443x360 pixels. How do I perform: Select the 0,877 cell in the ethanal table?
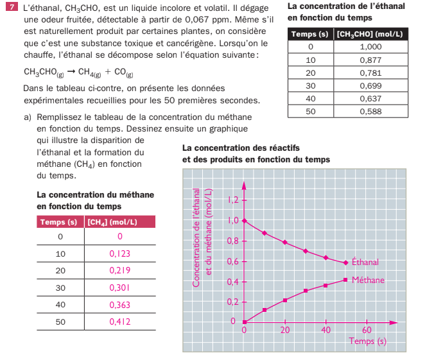point(371,60)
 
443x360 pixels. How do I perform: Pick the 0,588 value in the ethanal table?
point(371,111)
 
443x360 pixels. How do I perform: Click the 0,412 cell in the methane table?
point(120,321)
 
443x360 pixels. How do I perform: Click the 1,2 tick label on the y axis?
point(234,200)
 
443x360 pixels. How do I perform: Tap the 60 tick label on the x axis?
point(367,330)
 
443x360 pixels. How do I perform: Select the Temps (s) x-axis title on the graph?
point(368,341)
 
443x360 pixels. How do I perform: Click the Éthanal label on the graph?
point(365,262)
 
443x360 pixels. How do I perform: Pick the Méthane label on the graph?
point(368,280)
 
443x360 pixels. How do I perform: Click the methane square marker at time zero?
point(245,321)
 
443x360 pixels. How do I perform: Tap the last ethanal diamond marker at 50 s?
point(346,262)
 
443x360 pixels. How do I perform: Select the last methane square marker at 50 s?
point(346,280)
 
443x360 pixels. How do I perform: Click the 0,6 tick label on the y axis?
point(234,261)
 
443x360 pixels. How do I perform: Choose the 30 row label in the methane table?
point(60,287)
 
